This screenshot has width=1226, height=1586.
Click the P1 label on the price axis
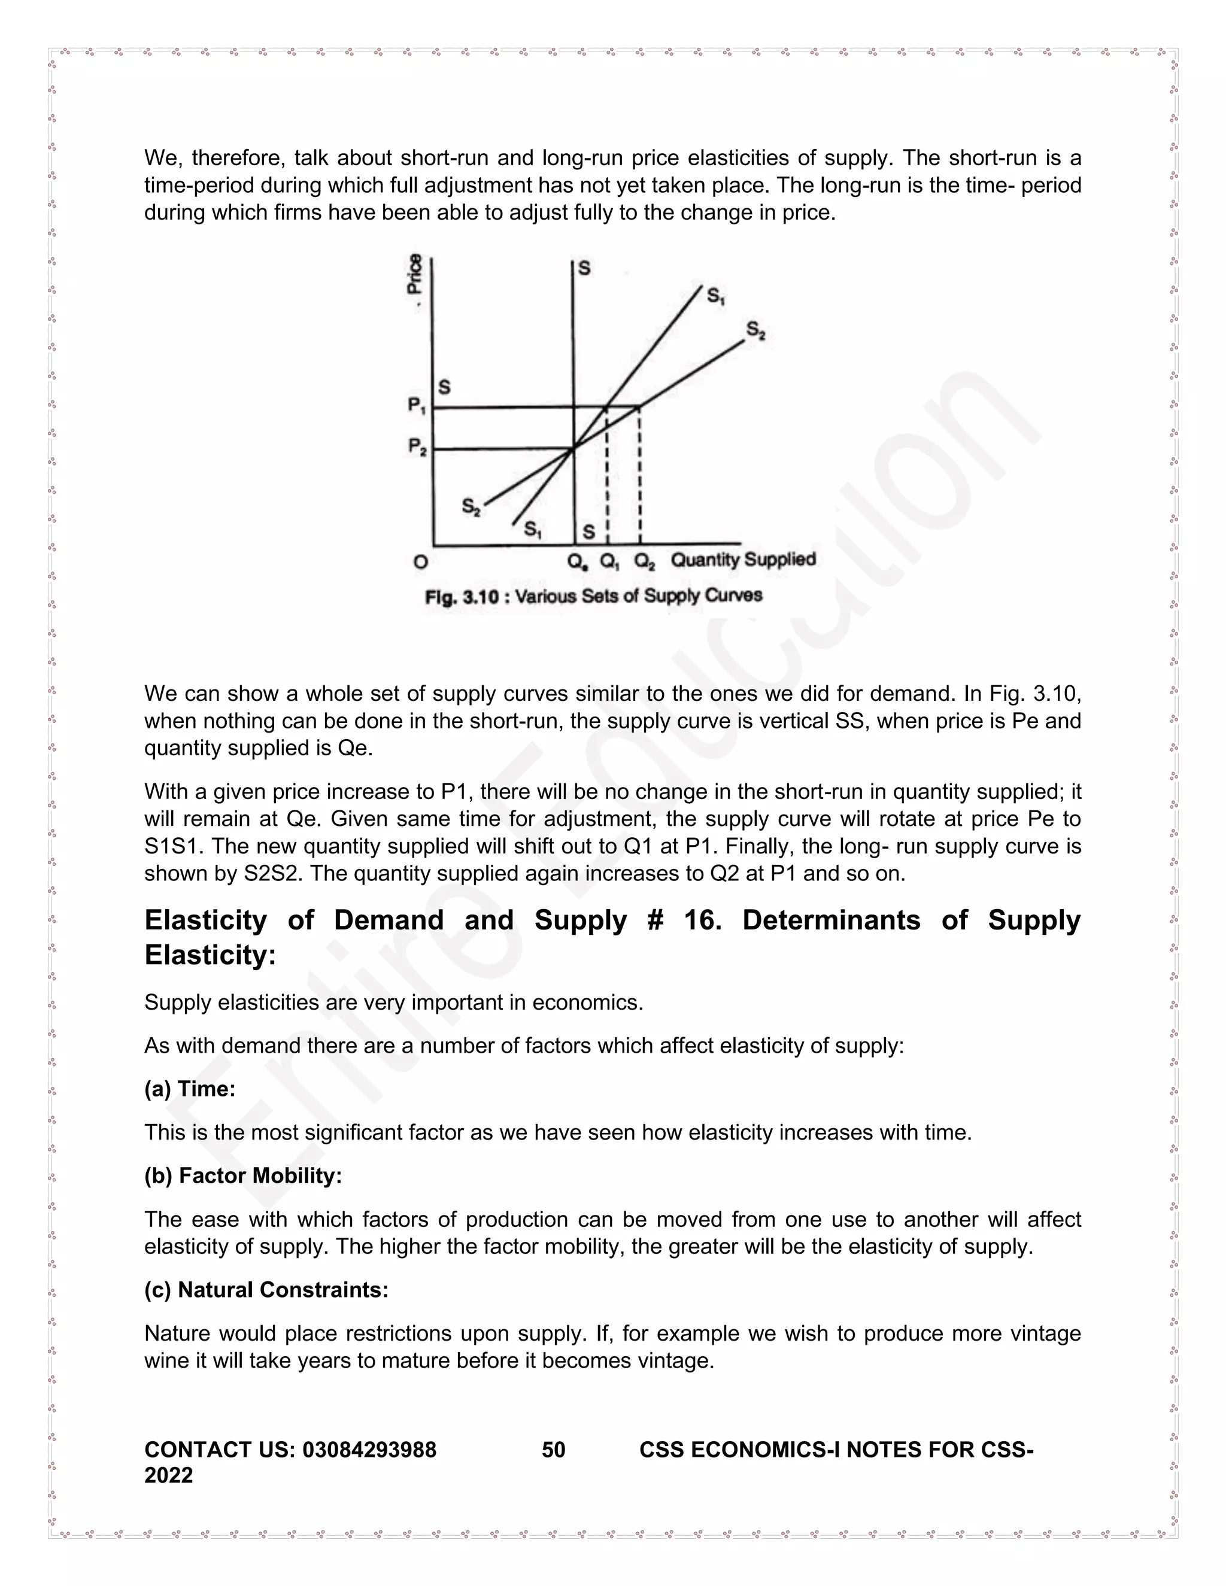(416, 405)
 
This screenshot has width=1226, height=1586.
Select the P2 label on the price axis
(417, 446)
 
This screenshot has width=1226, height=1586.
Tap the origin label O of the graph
(420, 561)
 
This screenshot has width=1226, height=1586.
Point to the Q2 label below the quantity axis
(645, 561)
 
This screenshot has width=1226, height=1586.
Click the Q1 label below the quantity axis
(609, 561)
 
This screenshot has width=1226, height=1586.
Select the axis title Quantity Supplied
(743, 559)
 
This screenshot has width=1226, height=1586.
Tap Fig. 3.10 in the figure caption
(462, 597)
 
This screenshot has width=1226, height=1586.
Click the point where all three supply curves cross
(573, 448)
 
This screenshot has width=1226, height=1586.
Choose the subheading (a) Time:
(190, 1089)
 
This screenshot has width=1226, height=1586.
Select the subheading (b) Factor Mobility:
(242, 1175)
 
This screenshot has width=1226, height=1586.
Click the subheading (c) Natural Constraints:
(266, 1290)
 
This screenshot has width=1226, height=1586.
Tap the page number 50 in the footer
(554, 1450)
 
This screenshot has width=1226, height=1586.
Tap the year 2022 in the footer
(168, 1475)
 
